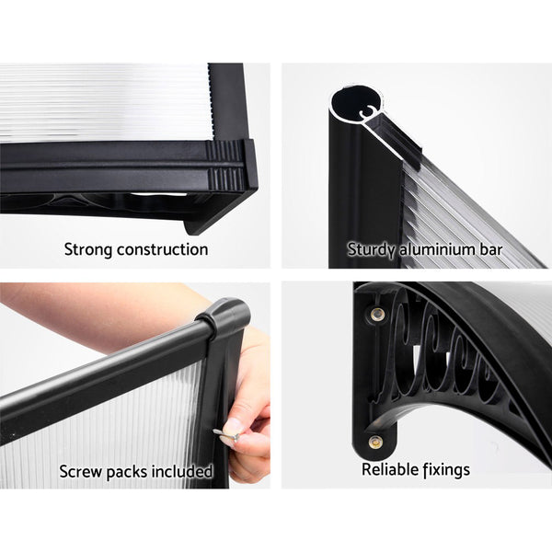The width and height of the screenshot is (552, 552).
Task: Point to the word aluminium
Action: coord(439,249)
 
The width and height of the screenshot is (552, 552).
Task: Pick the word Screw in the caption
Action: coord(81,472)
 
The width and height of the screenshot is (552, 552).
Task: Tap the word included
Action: coord(182,472)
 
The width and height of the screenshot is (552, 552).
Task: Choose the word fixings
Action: coord(445,470)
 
